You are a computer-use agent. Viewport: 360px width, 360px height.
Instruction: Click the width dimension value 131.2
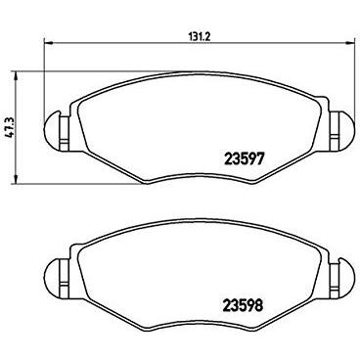[x=199, y=36]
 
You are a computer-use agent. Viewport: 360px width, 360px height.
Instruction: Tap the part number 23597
[x=244, y=159]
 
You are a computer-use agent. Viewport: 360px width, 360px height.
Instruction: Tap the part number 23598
[x=244, y=306]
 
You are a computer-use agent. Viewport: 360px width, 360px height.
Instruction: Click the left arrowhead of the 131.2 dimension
[x=48, y=42]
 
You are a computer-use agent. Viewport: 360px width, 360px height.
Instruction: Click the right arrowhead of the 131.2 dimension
[x=349, y=42]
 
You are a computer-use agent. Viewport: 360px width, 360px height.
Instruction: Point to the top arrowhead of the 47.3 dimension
[x=15, y=75]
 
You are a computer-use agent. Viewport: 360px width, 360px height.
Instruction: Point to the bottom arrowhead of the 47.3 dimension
[x=15, y=179]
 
